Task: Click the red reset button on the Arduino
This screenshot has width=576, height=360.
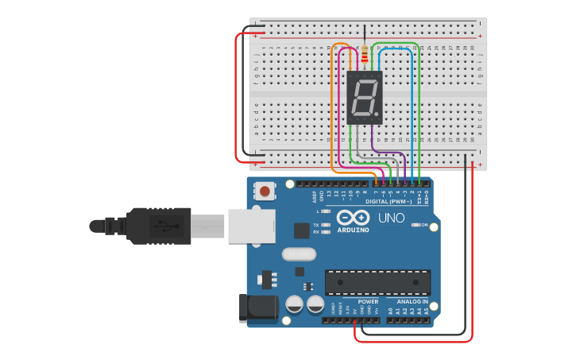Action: (265, 191)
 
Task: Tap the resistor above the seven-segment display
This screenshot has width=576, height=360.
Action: (365, 55)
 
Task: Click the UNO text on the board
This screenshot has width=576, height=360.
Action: (392, 218)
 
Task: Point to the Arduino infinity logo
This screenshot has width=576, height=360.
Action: (353, 218)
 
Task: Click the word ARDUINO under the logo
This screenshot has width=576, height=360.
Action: (353, 230)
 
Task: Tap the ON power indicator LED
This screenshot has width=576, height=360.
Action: (415, 225)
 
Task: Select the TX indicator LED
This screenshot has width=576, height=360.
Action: (326, 225)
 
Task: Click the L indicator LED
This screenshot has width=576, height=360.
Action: (326, 211)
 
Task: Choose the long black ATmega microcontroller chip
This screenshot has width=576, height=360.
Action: (377, 282)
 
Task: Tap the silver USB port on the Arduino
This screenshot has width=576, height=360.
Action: (251, 226)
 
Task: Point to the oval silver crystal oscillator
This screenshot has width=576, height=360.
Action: (299, 255)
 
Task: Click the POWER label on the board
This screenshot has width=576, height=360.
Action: (368, 302)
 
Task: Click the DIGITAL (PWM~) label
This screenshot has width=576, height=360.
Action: (389, 201)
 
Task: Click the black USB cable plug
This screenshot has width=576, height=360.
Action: (158, 226)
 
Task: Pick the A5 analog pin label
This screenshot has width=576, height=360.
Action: (426, 311)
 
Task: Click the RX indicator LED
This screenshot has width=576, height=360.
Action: (326, 232)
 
